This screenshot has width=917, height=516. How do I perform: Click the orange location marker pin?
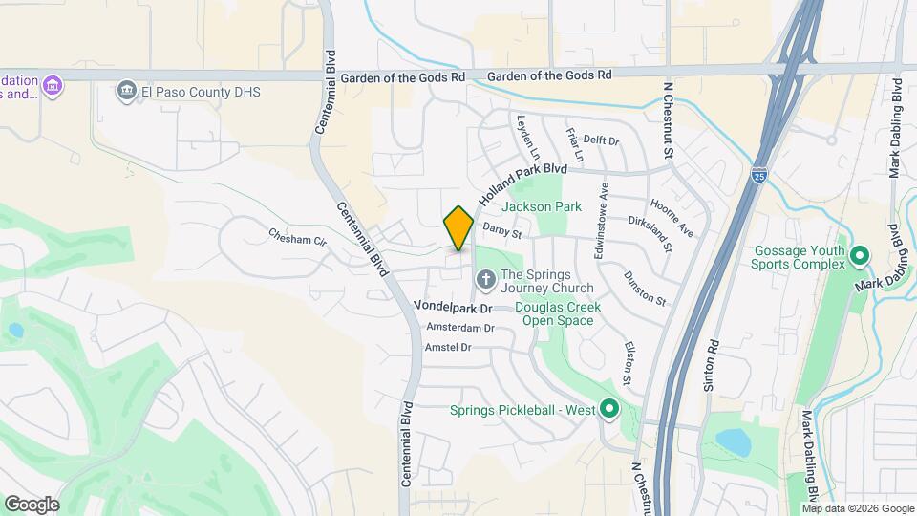(x=458, y=227)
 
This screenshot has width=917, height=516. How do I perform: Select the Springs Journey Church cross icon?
(x=485, y=280)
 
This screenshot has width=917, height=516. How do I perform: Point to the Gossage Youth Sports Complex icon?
(x=859, y=256)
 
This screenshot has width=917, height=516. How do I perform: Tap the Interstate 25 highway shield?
(x=758, y=175)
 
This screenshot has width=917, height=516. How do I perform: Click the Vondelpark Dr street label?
(x=452, y=308)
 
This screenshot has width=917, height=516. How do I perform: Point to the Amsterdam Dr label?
(x=460, y=328)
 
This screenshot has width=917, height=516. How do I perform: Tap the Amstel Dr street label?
(x=448, y=347)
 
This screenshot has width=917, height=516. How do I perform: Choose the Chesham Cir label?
(x=297, y=238)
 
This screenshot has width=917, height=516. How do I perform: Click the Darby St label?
(x=502, y=230)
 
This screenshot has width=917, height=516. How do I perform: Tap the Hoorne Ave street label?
(x=672, y=218)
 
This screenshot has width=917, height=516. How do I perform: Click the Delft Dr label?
(x=602, y=140)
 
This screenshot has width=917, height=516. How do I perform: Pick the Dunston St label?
(x=645, y=288)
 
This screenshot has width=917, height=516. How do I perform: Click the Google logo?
(x=32, y=505)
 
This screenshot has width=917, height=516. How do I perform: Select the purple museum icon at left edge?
(x=53, y=87)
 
